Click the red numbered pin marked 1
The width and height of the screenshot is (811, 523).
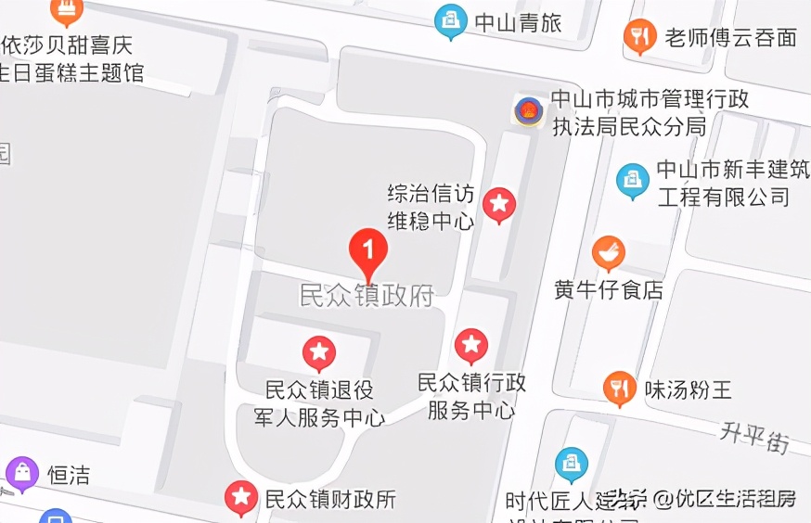[x=368, y=251]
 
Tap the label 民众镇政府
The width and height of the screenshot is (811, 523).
[x=367, y=296]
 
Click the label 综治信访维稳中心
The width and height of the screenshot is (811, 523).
[x=431, y=207]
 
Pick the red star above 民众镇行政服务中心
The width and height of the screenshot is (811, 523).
[x=471, y=345]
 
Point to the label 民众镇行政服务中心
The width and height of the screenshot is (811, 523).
[x=471, y=396]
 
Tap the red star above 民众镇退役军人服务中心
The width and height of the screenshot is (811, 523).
[x=319, y=352]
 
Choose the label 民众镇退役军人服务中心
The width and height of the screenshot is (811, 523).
[x=319, y=404]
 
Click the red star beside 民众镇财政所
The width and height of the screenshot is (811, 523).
[x=241, y=498]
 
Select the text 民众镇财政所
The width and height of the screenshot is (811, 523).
[x=330, y=499]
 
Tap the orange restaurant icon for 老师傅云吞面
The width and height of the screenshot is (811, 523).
[x=639, y=36]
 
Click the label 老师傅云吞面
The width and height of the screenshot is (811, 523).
[x=730, y=38]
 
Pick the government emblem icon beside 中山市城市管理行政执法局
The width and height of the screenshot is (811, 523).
[x=529, y=112]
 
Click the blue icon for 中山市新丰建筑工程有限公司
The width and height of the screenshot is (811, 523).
[x=633, y=180]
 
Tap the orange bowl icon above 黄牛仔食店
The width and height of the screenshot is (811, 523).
[x=609, y=252]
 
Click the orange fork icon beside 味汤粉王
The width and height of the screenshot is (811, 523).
[x=619, y=389]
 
